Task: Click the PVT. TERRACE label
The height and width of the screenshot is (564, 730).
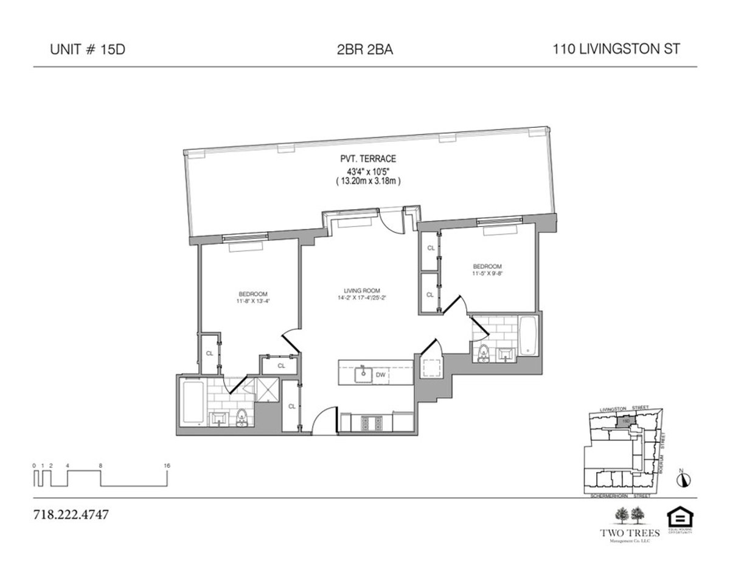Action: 364,159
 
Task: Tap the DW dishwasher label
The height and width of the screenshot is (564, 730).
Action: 380,375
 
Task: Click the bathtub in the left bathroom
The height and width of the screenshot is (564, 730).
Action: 193,402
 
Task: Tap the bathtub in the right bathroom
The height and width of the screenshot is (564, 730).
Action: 527,337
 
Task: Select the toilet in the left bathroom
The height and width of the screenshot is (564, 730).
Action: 242,417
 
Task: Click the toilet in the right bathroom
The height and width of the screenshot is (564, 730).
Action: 484,353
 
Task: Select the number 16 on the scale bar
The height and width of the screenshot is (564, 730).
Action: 167,465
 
